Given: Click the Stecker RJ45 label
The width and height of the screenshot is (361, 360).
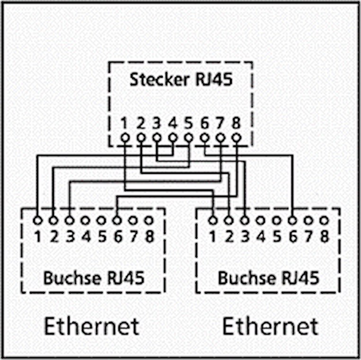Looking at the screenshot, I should [181, 79].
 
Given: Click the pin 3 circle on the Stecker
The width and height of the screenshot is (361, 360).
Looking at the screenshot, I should [157, 138].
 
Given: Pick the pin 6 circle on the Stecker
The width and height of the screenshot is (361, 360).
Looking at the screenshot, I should [205, 138].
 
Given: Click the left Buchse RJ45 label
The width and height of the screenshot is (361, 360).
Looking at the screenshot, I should [93, 277].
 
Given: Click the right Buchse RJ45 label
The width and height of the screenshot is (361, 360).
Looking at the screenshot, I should [268, 277].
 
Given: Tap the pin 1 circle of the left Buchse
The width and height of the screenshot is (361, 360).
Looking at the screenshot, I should [37, 220].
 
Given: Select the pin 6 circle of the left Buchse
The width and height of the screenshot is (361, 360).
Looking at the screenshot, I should [117, 220].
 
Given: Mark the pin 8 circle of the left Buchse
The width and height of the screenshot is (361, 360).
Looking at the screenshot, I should [149, 220].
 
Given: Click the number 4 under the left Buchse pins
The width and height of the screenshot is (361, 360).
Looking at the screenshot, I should [86, 235].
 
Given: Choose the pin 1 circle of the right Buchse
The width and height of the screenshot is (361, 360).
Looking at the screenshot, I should [212, 220].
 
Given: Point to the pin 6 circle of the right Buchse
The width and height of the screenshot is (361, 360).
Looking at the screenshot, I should [292, 220].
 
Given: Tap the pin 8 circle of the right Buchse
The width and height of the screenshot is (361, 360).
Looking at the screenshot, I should [324, 220].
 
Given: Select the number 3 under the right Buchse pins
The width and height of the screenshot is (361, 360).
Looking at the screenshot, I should [245, 235].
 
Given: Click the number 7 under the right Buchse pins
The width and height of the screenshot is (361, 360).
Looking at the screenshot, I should [308, 235].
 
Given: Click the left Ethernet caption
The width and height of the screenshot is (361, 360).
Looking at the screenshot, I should [92, 326].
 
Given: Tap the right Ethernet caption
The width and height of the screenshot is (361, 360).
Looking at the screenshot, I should [270, 326].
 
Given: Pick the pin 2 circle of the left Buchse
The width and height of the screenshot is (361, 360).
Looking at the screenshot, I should [53, 220].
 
